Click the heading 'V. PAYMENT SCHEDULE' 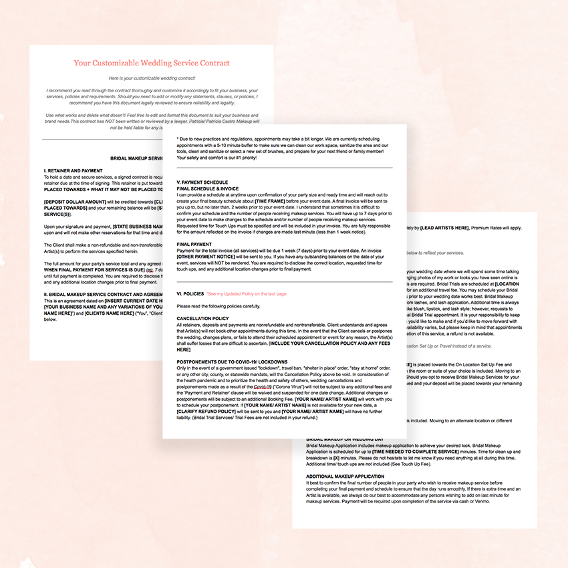[202, 182]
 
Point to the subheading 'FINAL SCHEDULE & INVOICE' [208, 188]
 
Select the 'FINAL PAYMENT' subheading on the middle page [194, 245]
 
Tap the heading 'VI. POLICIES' [190, 293]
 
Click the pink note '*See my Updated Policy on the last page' [247, 293]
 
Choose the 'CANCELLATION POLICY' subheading [203, 318]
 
